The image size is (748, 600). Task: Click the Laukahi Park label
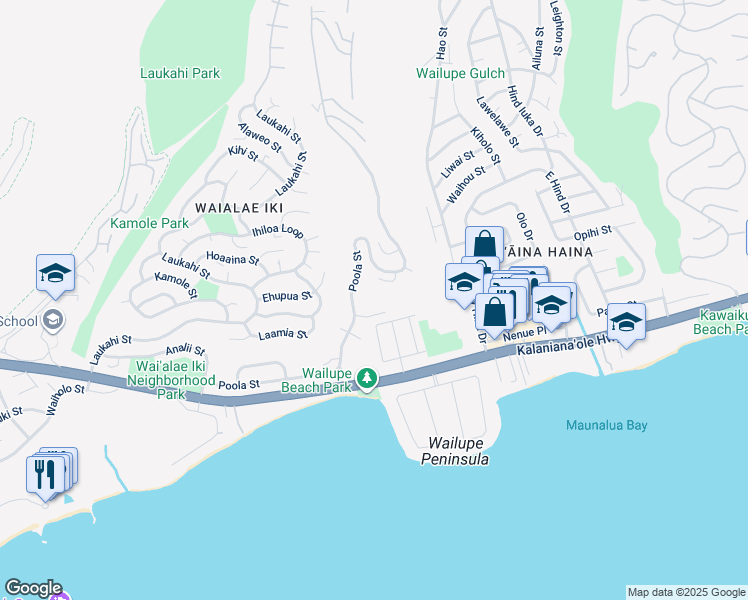pos(180,73)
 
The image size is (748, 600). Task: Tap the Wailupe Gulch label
pos(463,73)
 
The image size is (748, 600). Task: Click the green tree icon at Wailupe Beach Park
pos(368,377)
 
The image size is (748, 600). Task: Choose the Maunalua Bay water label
pos(606,425)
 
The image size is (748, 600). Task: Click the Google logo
pos(33,588)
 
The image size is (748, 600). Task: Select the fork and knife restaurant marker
pos(46,473)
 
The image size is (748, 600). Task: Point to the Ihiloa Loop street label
pos(278,231)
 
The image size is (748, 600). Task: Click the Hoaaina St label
pos(232,259)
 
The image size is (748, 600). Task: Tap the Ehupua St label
pos(287,296)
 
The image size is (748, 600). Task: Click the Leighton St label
pos(556,28)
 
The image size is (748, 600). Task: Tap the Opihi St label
pos(620,230)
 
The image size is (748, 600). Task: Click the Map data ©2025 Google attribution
pos(686,592)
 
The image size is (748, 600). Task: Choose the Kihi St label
pos(243,153)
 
